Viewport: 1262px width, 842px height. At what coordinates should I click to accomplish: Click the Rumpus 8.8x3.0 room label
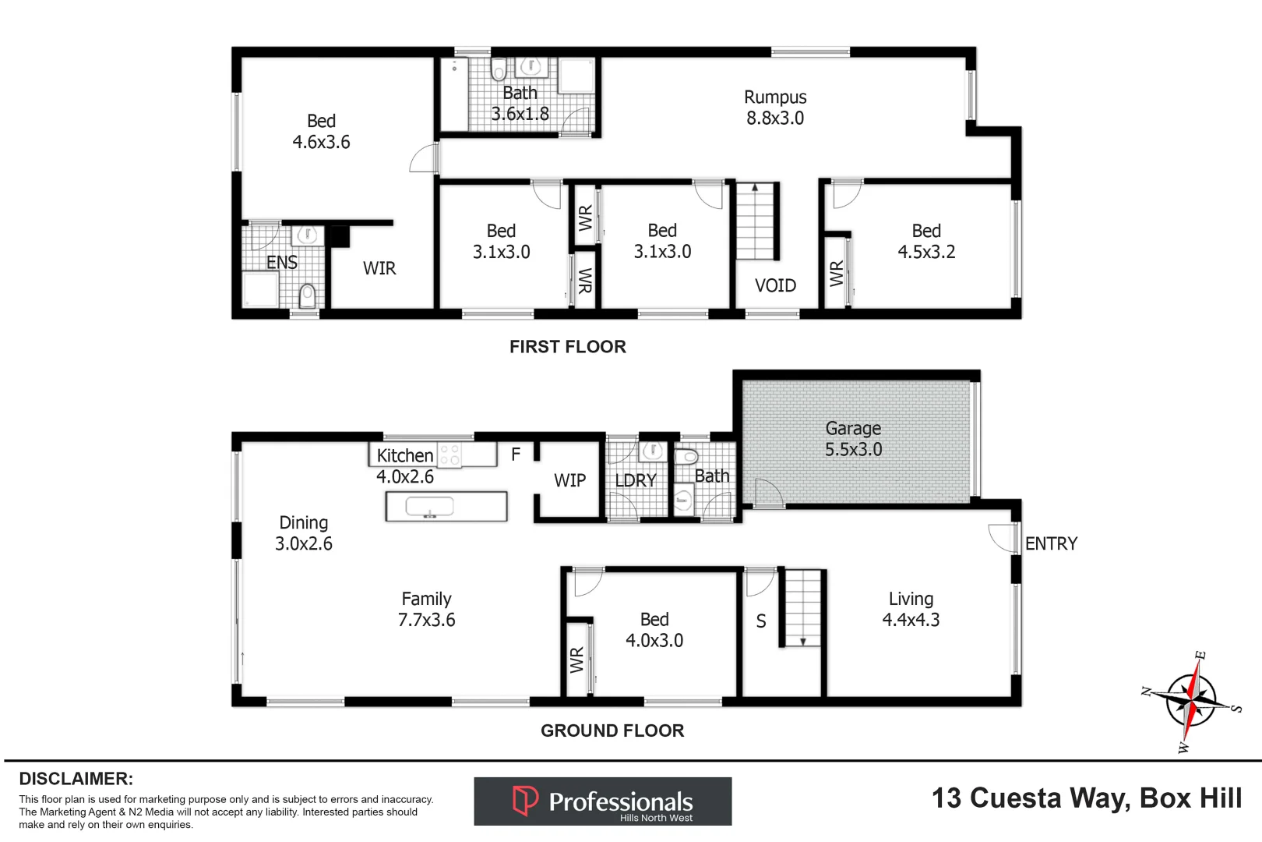coord(775,108)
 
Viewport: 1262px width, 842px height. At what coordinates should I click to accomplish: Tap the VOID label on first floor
coord(775,285)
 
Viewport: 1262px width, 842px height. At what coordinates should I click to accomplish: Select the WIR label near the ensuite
coord(379,268)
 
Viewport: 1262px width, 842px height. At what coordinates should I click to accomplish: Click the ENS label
coord(281,262)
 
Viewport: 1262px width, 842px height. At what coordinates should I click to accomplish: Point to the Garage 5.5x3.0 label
coord(854,439)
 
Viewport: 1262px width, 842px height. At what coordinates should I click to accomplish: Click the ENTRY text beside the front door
coord(1051,543)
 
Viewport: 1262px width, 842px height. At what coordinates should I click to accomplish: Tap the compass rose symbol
coord(1191,700)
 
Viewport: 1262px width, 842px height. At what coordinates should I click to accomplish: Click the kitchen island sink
coord(429,508)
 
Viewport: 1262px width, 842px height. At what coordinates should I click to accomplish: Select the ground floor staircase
coord(802,608)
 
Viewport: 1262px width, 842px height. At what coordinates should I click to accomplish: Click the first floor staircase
coord(756,221)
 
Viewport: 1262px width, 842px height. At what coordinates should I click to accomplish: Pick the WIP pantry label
coord(569,480)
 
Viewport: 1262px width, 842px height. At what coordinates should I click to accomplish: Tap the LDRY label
coord(636,480)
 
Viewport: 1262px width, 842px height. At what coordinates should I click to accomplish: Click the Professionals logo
coord(602,801)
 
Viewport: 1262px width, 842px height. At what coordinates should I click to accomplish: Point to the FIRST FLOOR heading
coord(567,347)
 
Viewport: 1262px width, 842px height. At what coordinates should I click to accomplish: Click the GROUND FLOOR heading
coord(612,731)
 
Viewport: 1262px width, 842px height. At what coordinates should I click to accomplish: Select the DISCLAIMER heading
coord(76,779)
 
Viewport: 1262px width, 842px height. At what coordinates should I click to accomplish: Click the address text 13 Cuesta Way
coord(1086,798)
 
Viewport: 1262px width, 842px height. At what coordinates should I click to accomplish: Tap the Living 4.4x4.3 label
coord(911,609)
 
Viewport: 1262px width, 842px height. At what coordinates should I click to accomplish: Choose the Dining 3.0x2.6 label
coord(304,533)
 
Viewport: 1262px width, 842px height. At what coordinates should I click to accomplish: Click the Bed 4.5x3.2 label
coord(926,241)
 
